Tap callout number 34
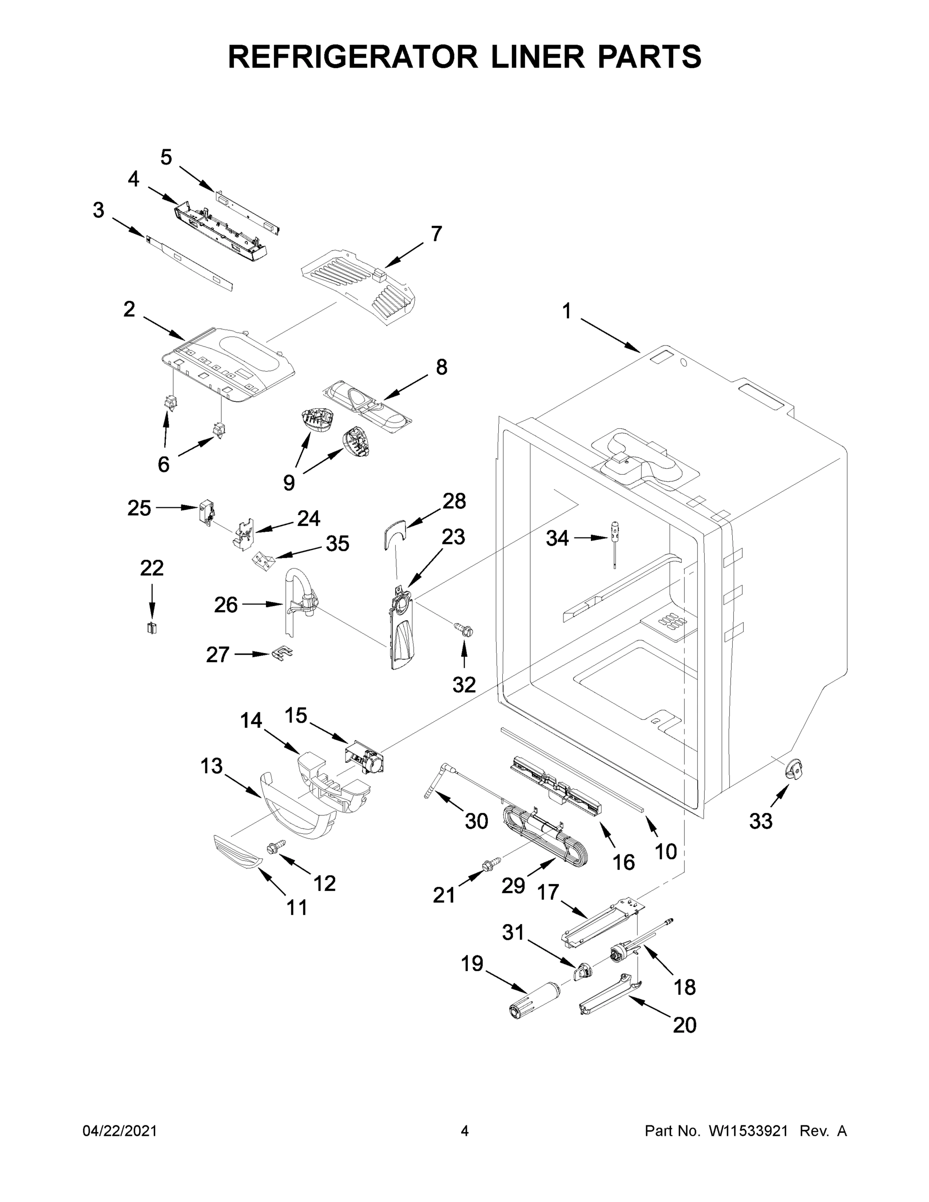(x=557, y=538)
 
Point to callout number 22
(x=152, y=567)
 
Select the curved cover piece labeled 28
(x=394, y=533)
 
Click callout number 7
(x=436, y=234)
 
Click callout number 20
(x=684, y=1025)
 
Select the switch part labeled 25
(x=206, y=512)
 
